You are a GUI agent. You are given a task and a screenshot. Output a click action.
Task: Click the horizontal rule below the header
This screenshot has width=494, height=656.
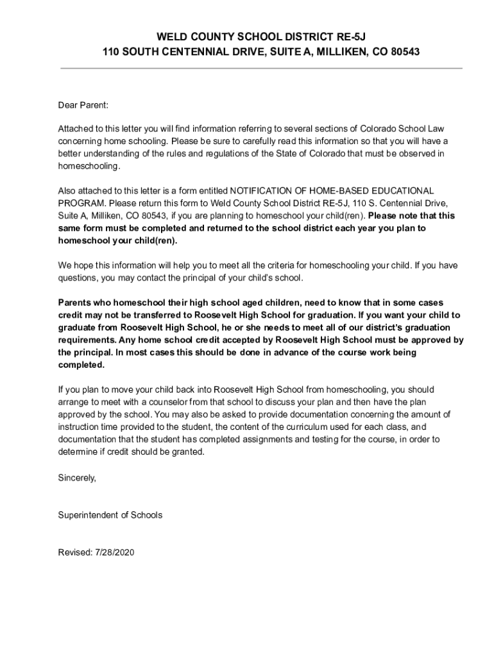point(261,68)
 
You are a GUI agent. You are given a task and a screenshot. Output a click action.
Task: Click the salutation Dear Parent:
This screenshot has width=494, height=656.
point(83,104)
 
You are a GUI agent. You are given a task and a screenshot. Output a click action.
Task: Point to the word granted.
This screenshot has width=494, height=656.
point(189,452)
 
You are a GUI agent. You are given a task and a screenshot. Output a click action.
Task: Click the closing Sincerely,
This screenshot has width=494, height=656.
point(77,477)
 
